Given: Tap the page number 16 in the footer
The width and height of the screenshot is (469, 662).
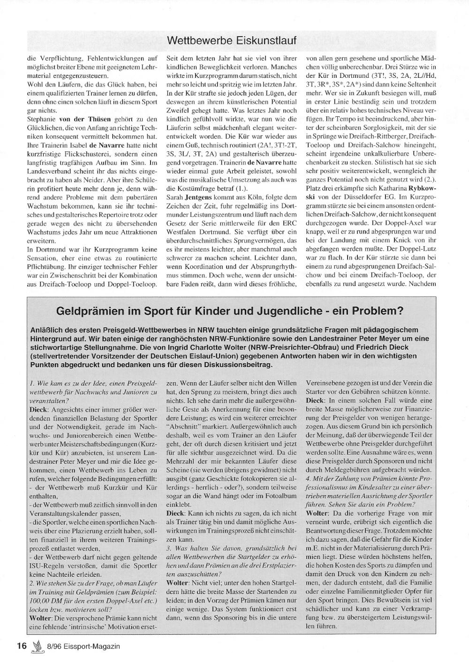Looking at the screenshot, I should pyautogui.click(x=22, y=646).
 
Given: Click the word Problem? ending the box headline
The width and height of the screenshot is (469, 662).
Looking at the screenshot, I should pyautogui.click(x=382, y=310).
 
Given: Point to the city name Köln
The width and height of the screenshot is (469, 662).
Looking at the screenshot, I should pyautogui.click(x=251, y=198).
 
